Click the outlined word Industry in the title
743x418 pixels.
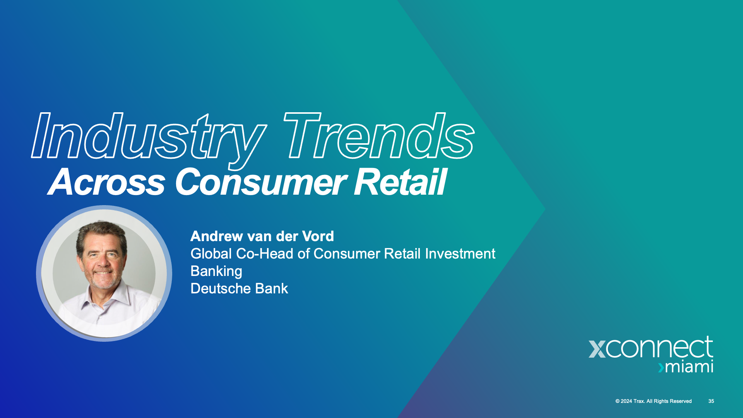tap(149, 139)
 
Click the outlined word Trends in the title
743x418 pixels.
tap(379, 135)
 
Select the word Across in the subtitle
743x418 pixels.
tap(107, 182)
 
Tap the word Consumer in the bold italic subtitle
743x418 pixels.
tap(261, 182)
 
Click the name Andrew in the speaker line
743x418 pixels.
tap(217, 236)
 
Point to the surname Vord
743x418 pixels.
tap(318, 236)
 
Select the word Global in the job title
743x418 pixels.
tap(211, 254)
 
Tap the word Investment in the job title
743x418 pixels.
tap(460, 254)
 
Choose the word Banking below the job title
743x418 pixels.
tap(216, 272)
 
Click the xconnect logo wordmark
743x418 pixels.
tap(651, 347)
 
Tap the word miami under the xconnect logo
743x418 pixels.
tap(689, 367)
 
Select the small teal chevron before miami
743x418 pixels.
tap(661, 367)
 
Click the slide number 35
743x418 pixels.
tap(711, 401)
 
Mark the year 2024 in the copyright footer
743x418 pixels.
tap(627, 401)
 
